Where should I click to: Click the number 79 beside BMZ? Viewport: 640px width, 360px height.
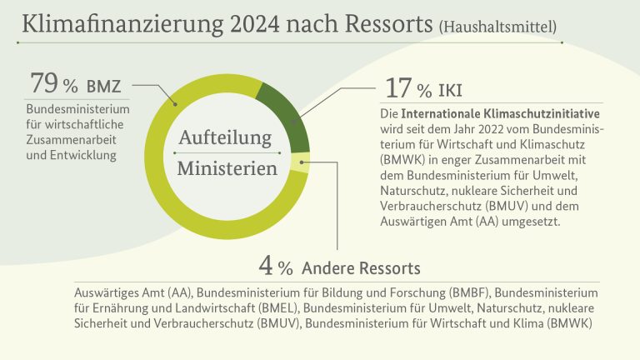[x=44, y=82]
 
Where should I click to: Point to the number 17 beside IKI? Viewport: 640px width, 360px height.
[x=398, y=88]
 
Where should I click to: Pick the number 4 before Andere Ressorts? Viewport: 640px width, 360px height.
[x=265, y=266]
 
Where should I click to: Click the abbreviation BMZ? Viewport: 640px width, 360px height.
[x=103, y=87]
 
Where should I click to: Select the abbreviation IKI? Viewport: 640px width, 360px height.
[x=450, y=91]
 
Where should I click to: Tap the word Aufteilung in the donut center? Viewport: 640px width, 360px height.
[x=225, y=137]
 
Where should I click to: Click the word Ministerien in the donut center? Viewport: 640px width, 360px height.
[x=227, y=168]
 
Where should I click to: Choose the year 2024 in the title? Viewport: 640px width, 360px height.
[x=255, y=24]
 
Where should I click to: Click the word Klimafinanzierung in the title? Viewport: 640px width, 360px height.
[x=122, y=24]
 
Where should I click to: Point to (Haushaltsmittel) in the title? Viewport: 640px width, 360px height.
[x=498, y=27]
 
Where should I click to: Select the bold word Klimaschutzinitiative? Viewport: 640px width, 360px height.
[x=542, y=113]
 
